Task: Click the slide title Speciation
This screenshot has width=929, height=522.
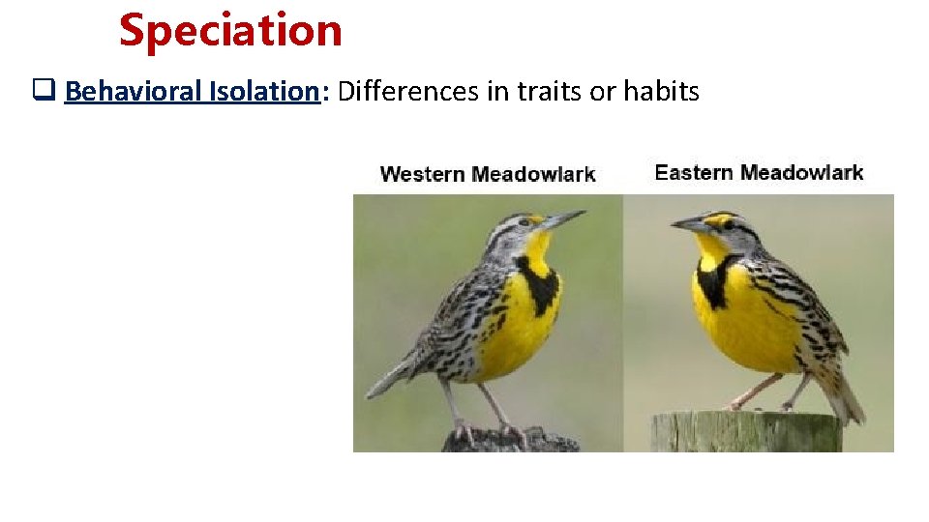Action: coord(230,30)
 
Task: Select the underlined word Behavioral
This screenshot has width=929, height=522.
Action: coord(134,92)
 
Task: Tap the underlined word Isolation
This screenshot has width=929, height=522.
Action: coord(263,92)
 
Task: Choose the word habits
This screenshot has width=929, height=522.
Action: coord(661,92)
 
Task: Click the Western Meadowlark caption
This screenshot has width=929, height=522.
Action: coord(487,174)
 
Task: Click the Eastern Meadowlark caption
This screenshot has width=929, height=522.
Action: coord(759,173)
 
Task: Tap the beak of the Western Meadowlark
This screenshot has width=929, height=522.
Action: coord(563,219)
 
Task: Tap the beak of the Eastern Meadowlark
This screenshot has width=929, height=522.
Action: coord(690,225)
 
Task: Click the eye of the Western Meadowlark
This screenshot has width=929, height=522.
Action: coord(525,221)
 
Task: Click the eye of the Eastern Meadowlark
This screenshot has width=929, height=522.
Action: coord(729,224)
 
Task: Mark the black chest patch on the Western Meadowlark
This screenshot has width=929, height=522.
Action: coord(537,279)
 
